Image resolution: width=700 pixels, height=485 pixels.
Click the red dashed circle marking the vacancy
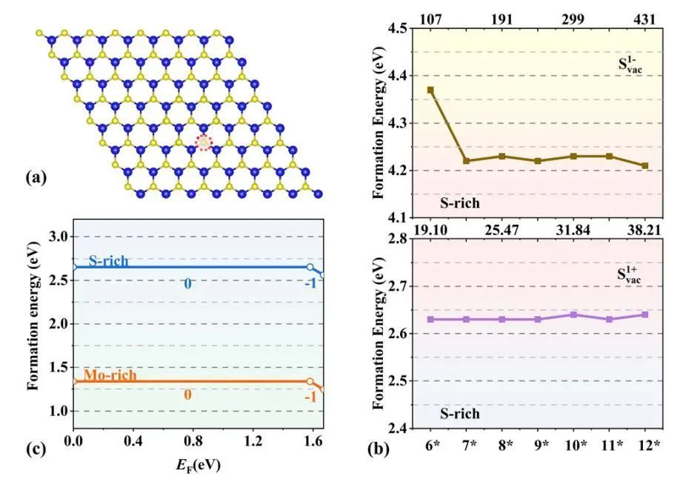tap(203, 143)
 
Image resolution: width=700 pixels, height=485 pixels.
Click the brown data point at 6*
tap(430, 90)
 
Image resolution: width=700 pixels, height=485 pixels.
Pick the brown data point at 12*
tap(645, 166)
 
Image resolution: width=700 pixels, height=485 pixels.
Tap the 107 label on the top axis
tap(430, 19)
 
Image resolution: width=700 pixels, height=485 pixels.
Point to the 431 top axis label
tap(645, 19)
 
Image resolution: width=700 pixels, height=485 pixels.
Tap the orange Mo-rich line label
tap(110, 375)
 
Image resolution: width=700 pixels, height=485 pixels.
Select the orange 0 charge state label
tap(188, 395)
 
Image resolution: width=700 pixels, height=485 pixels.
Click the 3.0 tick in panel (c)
tap(56, 237)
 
